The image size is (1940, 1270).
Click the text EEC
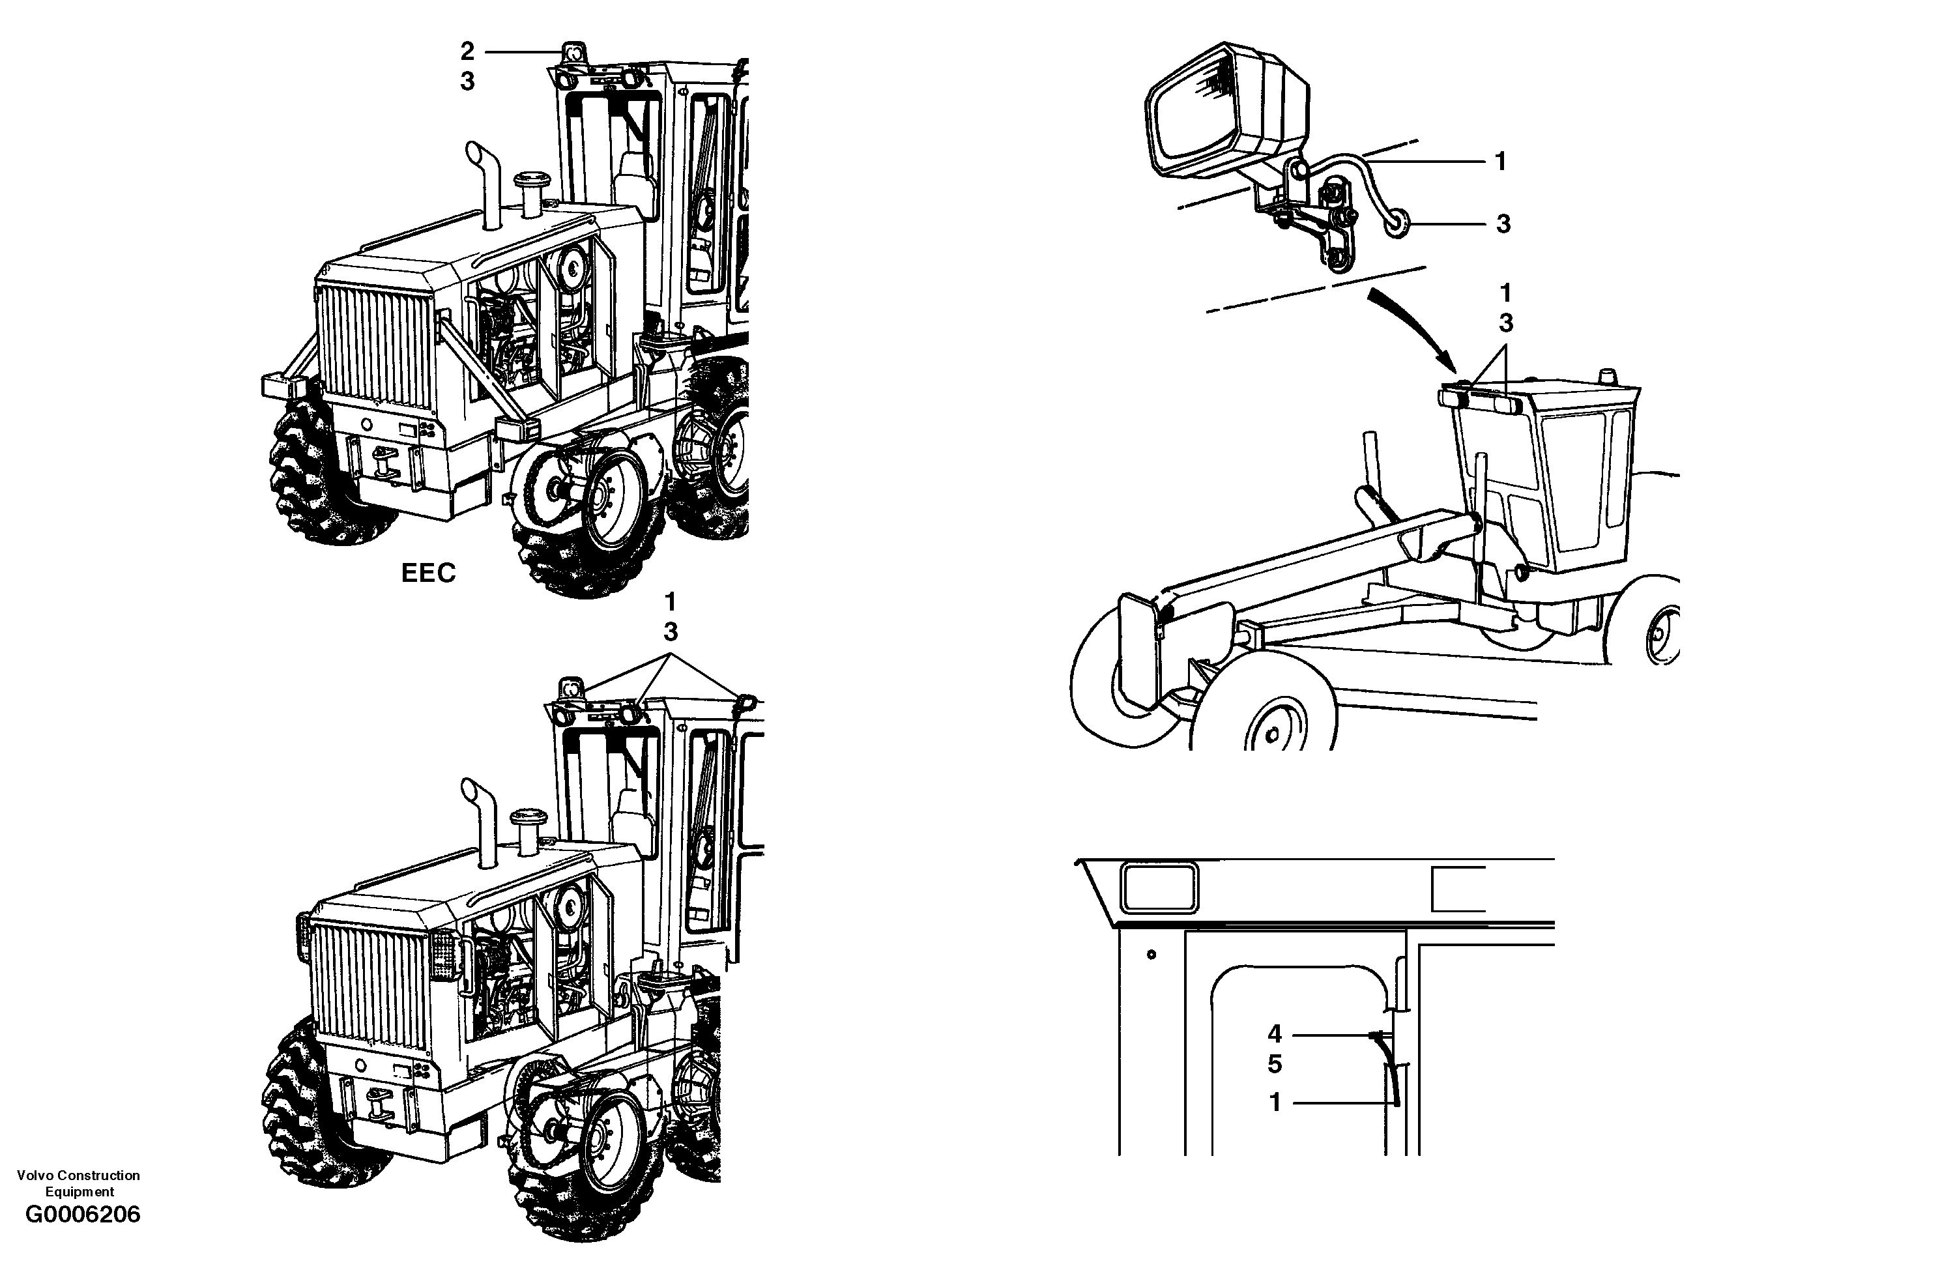point(428,573)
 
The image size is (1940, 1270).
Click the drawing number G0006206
point(82,1215)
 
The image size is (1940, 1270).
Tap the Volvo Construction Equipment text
point(78,1183)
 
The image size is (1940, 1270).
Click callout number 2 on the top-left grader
point(467,51)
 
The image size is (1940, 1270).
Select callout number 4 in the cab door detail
point(1275,1034)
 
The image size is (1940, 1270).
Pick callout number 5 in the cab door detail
point(1275,1064)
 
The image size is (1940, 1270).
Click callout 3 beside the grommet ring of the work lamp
point(1503,224)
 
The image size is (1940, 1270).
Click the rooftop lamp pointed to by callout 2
point(575,52)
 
